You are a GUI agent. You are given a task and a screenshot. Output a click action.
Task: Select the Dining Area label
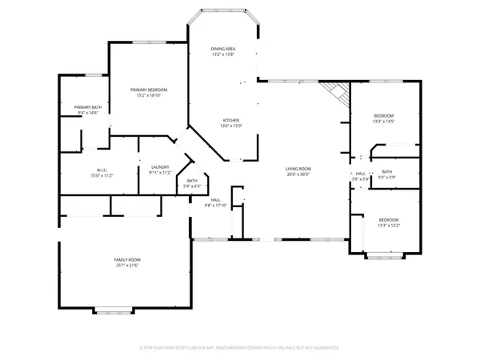tap(223, 49)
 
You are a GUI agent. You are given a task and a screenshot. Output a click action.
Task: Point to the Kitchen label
tap(230, 120)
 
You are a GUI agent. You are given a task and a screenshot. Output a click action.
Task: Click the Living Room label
tap(298, 169)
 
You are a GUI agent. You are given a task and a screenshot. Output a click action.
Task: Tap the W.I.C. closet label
tap(102, 170)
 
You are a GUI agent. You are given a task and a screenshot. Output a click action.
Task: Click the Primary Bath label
tap(87, 107)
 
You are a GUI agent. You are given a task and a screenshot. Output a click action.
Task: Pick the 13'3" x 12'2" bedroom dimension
tap(389, 226)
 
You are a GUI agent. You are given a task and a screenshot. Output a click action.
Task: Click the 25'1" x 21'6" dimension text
tap(126, 266)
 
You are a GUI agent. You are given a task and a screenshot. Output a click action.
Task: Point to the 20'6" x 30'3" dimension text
tap(298, 174)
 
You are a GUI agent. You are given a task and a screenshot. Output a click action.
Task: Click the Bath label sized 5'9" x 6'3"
tap(192, 181)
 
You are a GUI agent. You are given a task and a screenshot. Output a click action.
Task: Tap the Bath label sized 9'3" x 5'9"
tap(386, 172)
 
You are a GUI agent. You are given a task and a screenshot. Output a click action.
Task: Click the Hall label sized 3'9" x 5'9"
tap(361, 174)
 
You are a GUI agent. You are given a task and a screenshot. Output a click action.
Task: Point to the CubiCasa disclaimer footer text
tap(240, 348)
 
